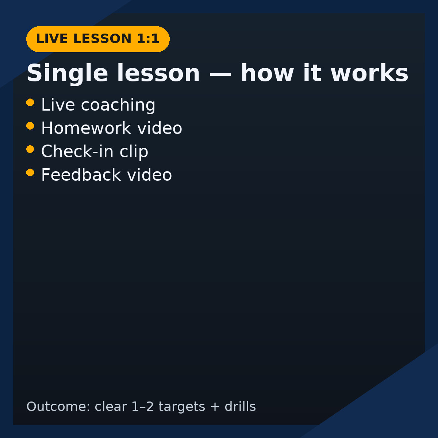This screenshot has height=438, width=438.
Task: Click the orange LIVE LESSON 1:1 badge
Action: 98,39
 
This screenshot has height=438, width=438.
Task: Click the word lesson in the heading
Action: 158,73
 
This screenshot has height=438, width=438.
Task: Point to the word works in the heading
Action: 370,73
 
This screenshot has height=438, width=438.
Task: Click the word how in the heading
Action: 267,73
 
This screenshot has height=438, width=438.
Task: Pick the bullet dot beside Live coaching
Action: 30,102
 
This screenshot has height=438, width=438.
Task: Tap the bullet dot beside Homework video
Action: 30,126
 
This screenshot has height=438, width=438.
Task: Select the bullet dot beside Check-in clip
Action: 30,149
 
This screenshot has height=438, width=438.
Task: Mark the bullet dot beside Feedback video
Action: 30,173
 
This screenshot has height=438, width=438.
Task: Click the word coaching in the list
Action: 118,105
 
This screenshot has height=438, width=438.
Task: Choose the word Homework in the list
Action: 86,128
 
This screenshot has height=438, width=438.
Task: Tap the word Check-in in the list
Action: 77,151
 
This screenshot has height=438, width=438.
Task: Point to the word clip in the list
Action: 134,152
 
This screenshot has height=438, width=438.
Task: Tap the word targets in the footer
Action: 182,407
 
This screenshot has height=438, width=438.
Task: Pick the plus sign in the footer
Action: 215,407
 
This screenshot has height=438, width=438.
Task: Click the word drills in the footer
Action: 240,406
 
